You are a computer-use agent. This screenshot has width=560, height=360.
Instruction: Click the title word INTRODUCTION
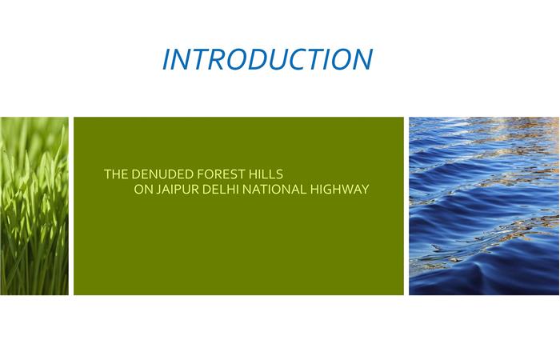(267, 59)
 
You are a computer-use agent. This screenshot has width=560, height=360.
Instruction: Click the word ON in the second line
(143, 190)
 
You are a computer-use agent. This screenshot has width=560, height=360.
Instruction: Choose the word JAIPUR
(178, 190)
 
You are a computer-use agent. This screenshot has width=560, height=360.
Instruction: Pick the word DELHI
(220, 190)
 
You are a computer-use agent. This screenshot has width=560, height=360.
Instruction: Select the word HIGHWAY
(339, 190)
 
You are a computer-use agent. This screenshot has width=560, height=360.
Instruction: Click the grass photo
(34, 206)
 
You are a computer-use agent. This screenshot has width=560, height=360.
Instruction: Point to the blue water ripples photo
(484, 206)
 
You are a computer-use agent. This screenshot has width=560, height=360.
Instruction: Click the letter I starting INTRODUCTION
(167, 59)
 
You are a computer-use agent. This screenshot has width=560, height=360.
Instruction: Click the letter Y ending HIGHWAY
(365, 190)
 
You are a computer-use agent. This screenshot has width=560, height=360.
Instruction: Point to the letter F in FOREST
(200, 174)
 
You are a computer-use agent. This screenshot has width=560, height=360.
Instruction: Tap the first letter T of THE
(108, 174)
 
